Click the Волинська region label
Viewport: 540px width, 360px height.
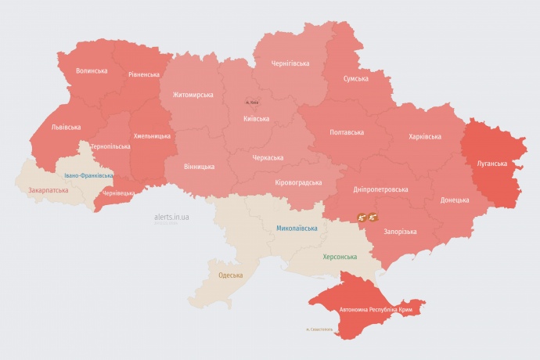[92, 71]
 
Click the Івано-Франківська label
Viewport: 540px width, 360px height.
[88, 175]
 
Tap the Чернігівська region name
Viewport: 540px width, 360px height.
[290, 63]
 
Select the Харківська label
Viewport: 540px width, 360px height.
[424, 137]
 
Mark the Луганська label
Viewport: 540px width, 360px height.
[491, 164]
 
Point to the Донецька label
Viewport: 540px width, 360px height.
[455, 200]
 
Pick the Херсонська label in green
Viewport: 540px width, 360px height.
[340, 257]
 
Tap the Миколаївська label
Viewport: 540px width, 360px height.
[297, 229]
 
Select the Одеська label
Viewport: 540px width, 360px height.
[230, 275]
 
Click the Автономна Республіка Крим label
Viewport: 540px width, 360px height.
[374, 310]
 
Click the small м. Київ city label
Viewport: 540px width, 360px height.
[252, 103]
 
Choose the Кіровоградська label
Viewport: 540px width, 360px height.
[298, 182]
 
